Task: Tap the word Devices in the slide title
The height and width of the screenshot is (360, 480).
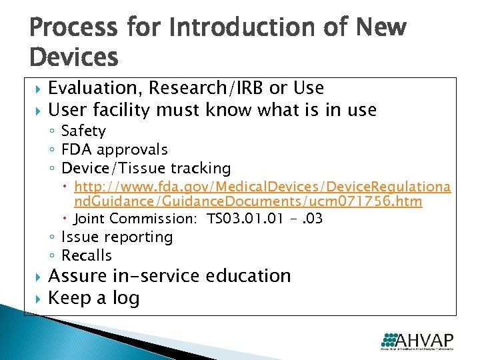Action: (74, 57)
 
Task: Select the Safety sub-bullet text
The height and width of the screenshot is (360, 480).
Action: (83, 131)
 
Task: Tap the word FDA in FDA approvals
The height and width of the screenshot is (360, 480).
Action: (75, 150)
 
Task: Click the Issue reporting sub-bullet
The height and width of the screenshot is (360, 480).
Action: (117, 237)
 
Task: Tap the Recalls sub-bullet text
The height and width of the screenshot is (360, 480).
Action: (87, 255)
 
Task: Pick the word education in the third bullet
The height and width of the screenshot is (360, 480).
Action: (254, 276)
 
